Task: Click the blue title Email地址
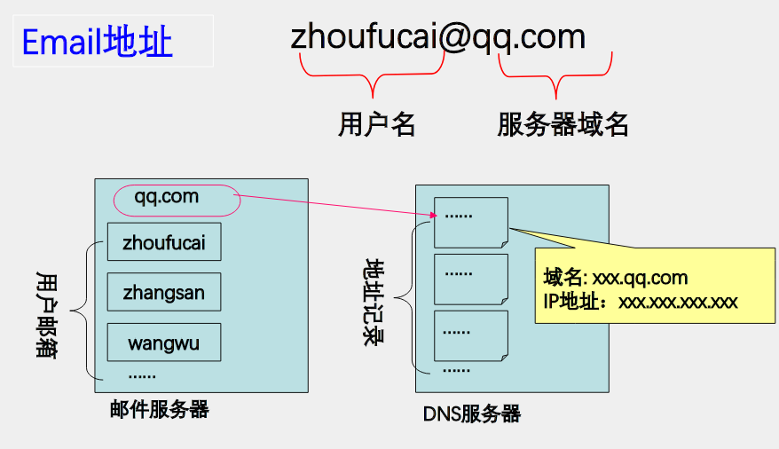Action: pyautogui.click(x=97, y=42)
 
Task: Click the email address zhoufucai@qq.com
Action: pyautogui.click(x=437, y=36)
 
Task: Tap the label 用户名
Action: pyautogui.click(x=376, y=124)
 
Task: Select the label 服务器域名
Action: pyautogui.click(x=563, y=124)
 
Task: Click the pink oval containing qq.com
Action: pyautogui.click(x=177, y=199)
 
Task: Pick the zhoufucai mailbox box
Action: pyautogui.click(x=164, y=241)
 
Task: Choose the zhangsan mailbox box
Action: pyautogui.click(x=164, y=291)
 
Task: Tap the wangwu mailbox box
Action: pyautogui.click(x=164, y=342)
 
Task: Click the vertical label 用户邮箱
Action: pyautogui.click(x=47, y=313)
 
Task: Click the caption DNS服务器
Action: pyautogui.click(x=471, y=414)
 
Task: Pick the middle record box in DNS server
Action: pyautogui.click(x=470, y=279)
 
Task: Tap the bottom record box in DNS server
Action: pyautogui.click(x=470, y=335)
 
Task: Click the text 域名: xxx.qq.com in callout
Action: pyautogui.click(x=616, y=279)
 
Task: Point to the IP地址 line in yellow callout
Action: pyautogui.click(x=640, y=302)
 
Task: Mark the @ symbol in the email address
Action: pyautogui.click(x=452, y=37)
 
